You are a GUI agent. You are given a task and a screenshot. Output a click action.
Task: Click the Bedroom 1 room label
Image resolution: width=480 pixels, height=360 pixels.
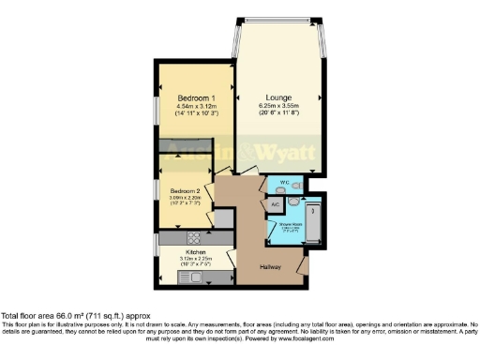(195, 97)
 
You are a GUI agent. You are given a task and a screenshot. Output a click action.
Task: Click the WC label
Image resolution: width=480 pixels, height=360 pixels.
(283, 182)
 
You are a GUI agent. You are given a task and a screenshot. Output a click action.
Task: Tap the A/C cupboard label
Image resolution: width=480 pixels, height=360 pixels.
(276, 203)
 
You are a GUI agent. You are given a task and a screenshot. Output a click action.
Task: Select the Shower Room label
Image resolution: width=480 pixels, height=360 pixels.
(290, 224)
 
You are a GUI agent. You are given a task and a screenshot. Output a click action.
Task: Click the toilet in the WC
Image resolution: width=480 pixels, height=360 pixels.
(296, 184)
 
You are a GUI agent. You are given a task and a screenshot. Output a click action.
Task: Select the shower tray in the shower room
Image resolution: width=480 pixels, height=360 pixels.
(315, 222)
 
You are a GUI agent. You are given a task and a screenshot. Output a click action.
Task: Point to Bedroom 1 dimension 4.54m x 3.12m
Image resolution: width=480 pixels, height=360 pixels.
(195, 106)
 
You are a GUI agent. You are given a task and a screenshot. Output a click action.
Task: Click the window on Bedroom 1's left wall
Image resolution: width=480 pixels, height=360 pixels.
(157, 105)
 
